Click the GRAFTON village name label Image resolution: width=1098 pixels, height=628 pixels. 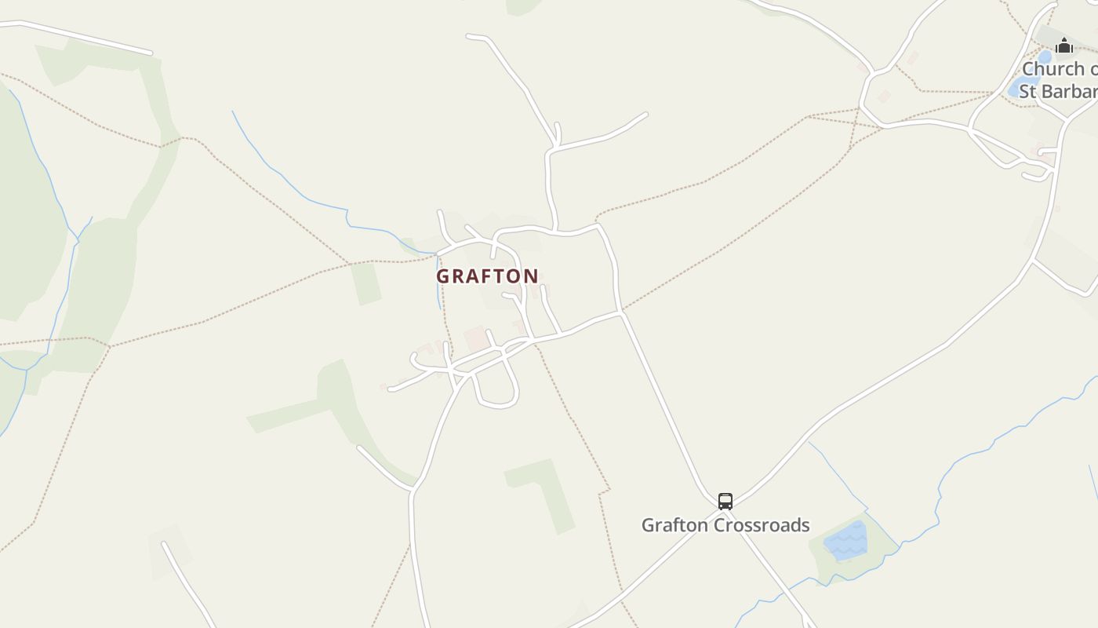pyautogui.click(x=487, y=276)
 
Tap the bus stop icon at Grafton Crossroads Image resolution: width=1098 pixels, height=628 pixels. pyautogui.click(x=725, y=501)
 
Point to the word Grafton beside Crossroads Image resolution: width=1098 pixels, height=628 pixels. pyautogui.click(x=673, y=525)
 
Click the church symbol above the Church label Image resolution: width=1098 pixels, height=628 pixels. pyautogui.click(x=1063, y=46)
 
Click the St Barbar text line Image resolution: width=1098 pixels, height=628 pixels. pyautogui.click(x=1057, y=91)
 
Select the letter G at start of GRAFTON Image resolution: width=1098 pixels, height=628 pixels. pyautogui.click(x=443, y=276)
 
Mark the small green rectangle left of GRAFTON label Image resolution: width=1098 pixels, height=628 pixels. pyautogui.click(x=365, y=283)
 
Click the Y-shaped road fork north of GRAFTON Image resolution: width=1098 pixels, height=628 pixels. pyautogui.click(x=556, y=145)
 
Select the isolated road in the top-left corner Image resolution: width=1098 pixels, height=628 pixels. pyautogui.click(x=78, y=36)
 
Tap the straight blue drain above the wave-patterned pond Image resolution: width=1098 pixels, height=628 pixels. pyautogui.click(x=838, y=474)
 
